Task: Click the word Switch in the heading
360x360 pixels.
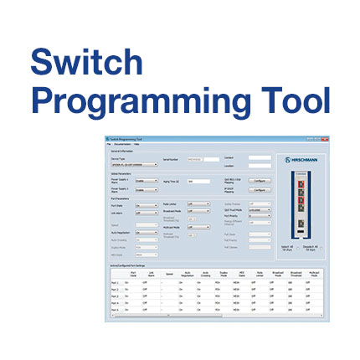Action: point(87,62)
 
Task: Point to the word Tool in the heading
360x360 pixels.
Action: point(290,100)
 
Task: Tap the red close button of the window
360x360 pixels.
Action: point(327,139)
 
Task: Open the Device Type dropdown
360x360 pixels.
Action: point(135,165)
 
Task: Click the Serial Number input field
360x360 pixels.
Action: point(196,158)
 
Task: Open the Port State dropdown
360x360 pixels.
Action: point(146,204)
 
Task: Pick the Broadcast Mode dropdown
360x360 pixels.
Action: point(199,211)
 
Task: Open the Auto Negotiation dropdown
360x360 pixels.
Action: point(146,233)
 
